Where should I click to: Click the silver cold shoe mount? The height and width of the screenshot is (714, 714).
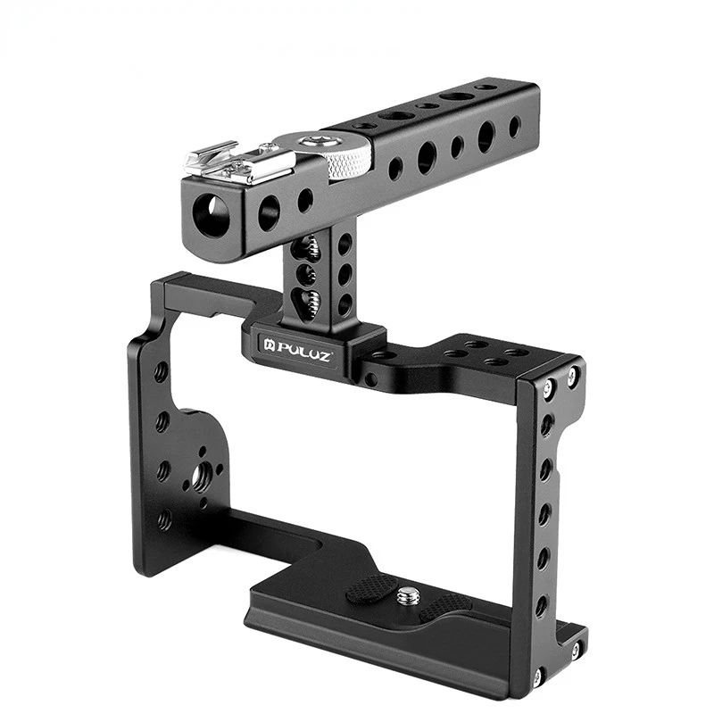[x=238, y=162]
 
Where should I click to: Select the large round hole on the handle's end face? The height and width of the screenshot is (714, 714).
[x=213, y=215]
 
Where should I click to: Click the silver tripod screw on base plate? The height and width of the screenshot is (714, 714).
[x=408, y=596]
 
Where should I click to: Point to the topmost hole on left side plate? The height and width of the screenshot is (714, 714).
[x=161, y=372]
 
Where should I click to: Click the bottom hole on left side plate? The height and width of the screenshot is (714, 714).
[x=164, y=519]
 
